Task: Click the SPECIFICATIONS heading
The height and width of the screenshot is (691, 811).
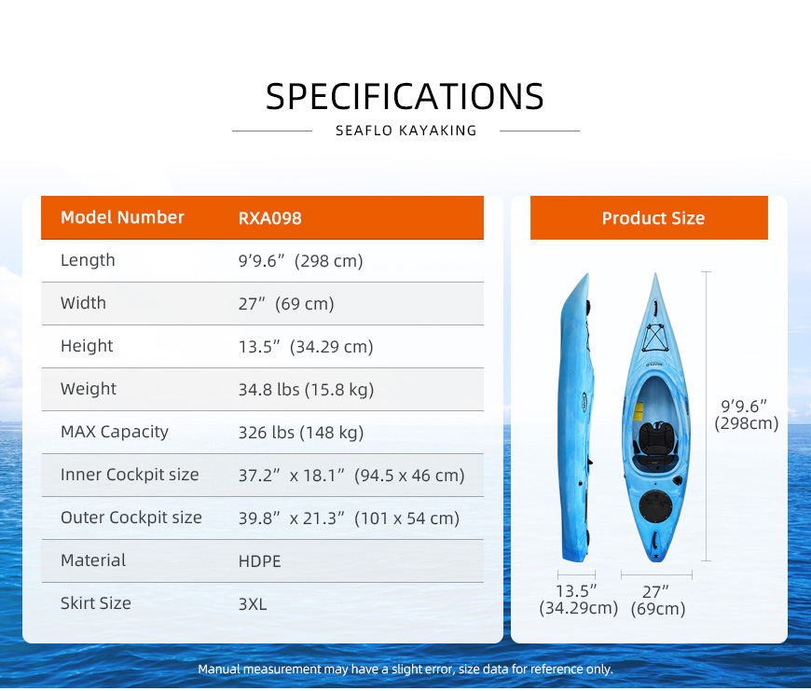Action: (x=405, y=97)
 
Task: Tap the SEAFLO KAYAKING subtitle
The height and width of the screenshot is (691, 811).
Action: (x=406, y=131)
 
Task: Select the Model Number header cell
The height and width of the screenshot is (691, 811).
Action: (x=122, y=217)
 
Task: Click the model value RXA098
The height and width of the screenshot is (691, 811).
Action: (x=269, y=218)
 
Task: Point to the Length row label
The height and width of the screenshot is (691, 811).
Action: (x=88, y=259)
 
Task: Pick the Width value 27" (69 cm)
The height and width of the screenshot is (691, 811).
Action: (x=286, y=304)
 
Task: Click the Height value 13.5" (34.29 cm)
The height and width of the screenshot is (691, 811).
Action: (x=305, y=347)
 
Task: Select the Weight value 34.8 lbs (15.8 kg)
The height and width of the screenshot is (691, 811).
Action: (x=306, y=390)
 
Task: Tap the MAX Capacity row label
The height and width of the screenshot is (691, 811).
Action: (x=115, y=432)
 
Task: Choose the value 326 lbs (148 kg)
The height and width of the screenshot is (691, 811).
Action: (x=300, y=433)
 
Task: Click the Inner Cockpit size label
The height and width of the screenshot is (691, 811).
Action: (x=130, y=475)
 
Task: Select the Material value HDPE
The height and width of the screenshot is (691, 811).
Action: (x=259, y=561)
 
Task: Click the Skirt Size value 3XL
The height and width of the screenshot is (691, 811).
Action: (x=253, y=604)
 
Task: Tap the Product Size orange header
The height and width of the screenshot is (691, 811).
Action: (x=649, y=218)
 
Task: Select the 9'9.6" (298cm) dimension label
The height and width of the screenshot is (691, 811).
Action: (x=746, y=414)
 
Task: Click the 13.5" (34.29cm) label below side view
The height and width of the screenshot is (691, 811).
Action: (x=578, y=600)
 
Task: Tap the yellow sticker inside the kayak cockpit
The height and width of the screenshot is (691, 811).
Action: (x=639, y=411)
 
